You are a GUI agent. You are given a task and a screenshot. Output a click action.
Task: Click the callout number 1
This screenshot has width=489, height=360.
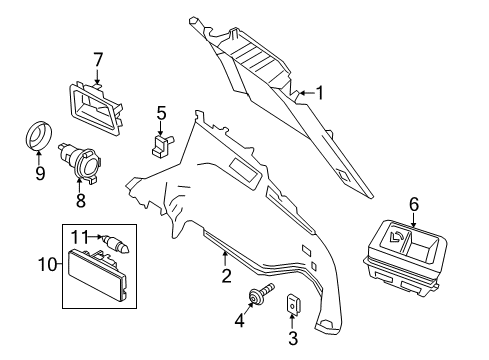pos(319,93)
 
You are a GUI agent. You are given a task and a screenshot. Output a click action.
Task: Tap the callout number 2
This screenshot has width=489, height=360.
pos(226,276)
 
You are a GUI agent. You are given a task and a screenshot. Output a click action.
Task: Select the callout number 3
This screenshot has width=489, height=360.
pos(293,338)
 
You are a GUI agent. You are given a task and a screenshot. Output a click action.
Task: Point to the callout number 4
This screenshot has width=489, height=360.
pos(240,321)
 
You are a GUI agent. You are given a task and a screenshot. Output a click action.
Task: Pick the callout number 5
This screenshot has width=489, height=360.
pos(161,113)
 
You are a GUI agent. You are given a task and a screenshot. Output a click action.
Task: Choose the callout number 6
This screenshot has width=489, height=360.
pos(414,204)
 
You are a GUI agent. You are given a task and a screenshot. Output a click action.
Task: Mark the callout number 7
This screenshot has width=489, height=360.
pos(97,61)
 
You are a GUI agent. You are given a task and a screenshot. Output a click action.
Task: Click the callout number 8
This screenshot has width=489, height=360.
pos(80,200)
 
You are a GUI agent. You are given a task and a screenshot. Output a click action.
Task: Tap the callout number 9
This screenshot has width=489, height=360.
pos(40,173)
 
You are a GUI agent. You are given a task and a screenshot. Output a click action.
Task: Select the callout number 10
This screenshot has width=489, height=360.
pos(48,265)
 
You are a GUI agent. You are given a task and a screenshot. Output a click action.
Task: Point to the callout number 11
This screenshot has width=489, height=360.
pos(80,237)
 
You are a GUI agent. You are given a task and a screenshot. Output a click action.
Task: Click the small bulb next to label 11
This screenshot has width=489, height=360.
pos(117,243)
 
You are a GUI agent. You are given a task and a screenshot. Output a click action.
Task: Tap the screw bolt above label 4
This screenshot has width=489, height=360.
pos(262,292)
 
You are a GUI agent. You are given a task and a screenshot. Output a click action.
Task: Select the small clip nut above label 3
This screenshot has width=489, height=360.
pos(293,304)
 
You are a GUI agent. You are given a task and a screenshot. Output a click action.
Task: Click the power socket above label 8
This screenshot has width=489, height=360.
pos(81,162)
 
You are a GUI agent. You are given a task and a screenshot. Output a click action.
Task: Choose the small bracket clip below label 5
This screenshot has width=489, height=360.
pos(162,145)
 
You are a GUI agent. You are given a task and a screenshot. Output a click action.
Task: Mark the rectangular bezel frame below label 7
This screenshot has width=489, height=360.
pos(95,108)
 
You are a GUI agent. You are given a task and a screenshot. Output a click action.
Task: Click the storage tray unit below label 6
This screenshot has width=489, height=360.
pos(405,257)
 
